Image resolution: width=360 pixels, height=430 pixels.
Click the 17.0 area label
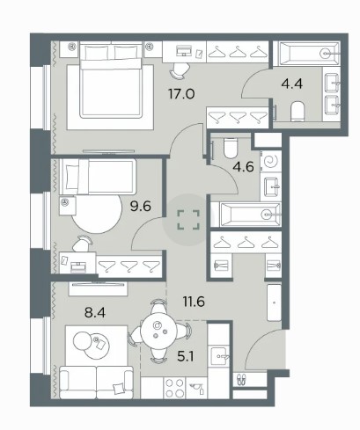181,94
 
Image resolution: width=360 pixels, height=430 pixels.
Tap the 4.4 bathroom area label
292,84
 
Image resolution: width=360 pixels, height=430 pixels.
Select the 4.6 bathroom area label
243,167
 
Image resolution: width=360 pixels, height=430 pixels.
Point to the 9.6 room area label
141,207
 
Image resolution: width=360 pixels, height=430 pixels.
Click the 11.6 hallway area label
194,302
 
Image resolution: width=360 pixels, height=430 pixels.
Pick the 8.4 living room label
95,313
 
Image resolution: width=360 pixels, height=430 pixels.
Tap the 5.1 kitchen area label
186,357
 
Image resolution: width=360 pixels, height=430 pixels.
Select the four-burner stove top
175,388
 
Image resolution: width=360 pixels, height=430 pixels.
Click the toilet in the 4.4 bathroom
298,112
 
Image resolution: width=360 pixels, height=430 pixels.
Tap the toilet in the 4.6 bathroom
230,148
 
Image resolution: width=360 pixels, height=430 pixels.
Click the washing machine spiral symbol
271,161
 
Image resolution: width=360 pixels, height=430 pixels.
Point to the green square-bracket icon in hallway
188,220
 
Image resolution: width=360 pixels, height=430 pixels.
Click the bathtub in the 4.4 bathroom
306,54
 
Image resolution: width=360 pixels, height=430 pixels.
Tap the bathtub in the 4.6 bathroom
250,215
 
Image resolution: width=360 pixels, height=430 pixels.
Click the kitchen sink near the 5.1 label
218,356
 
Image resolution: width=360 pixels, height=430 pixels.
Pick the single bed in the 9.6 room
98,177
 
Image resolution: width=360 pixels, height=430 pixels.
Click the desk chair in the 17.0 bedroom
179,70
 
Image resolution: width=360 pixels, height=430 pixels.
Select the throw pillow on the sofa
119,389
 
